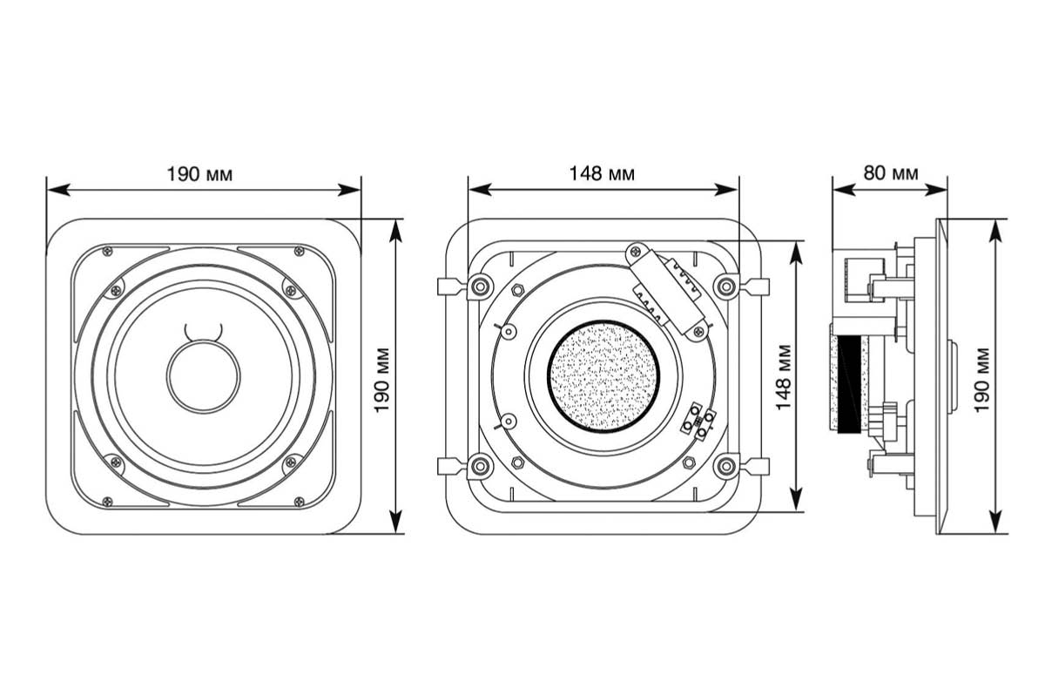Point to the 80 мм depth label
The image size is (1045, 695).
tap(890, 172)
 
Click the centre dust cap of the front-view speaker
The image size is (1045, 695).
tap(204, 375)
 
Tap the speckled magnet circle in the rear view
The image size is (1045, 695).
tap(603, 376)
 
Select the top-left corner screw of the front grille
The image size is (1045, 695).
tap(107, 252)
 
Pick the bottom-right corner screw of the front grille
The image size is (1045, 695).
tap(300, 501)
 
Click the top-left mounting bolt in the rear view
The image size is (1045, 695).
tap(478, 286)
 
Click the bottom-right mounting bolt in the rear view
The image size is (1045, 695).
tap(725, 467)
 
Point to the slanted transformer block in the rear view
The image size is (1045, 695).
tap(669, 289)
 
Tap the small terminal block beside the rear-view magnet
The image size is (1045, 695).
tap(700, 422)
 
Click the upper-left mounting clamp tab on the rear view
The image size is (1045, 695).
tap(446, 286)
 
